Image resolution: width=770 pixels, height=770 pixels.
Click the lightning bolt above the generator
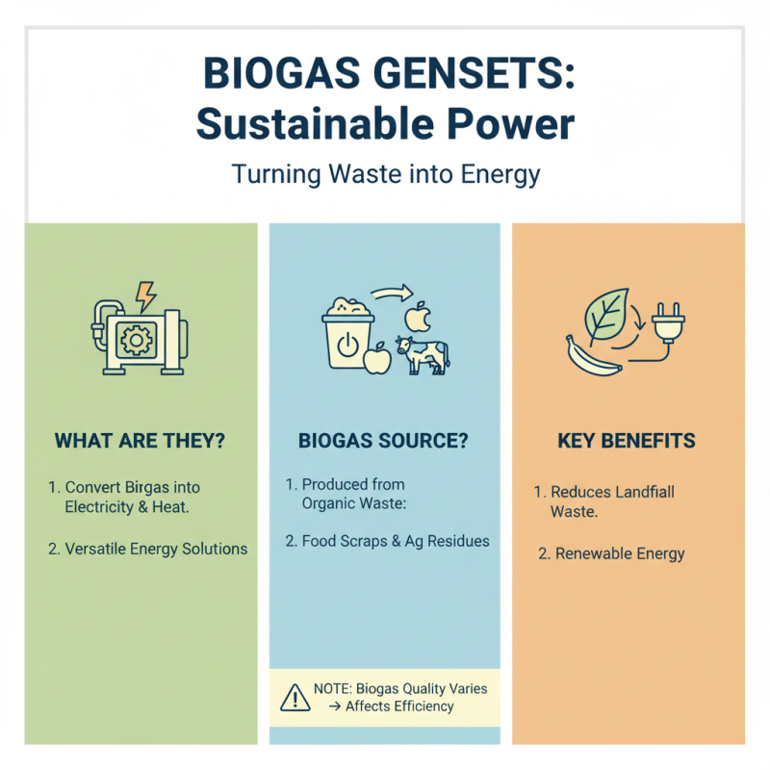click(x=145, y=295)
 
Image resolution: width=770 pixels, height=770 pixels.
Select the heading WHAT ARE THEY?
click(x=140, y=442)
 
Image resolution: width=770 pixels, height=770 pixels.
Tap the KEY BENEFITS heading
click(x=627, y=442)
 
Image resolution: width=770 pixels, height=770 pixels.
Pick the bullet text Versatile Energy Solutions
click(x=156, y=549)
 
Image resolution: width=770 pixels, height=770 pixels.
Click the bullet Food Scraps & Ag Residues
click(x=396, y=541)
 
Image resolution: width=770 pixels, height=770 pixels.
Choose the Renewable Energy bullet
click(x=620, y=553)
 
